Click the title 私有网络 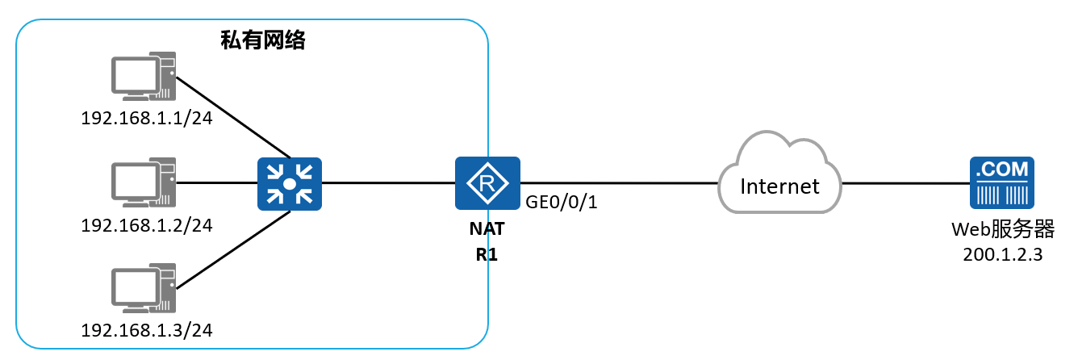[263, 40]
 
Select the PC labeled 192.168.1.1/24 [144, 76]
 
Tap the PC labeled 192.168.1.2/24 [144, 182]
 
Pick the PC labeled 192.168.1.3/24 [144, 288]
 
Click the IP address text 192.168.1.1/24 [147, 119]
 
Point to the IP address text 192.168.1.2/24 [147, 225]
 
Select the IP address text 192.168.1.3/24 [147, 330]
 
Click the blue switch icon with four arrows [290, 184]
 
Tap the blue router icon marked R [487, 183]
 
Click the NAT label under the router [487, 229]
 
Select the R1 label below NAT [487, 254]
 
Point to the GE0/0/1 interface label [561, 202]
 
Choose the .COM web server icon [1002, 183]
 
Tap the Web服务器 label [1003, 229]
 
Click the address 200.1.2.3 [1003, 254]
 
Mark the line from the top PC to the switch [233, 117]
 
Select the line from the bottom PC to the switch [233, 249]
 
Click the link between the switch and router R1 [388, 183]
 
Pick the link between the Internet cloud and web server [905, 183]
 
